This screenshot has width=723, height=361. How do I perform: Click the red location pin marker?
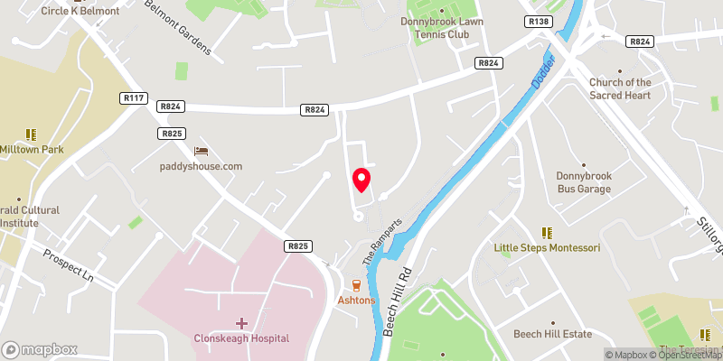pos(361,179)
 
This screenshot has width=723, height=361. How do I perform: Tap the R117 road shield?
pos(132,97)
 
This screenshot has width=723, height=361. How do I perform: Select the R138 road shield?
pos(540,21)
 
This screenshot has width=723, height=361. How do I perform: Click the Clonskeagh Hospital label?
pos(241,338)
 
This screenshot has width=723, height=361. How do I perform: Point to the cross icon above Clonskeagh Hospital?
pos(241,322)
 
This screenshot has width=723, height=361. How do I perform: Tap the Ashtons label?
pos(356,300)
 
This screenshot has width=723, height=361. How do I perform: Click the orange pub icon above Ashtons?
pos(356,283)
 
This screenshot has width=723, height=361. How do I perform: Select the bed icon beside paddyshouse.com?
pos(201,151)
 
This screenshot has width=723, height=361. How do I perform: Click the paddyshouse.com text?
pos(202,166)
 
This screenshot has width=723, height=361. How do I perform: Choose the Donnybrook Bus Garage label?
pos(583,182)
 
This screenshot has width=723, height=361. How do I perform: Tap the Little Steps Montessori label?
pos(547,247)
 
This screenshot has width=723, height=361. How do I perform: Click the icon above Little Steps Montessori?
pos(546,232)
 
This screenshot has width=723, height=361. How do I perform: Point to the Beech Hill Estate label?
pos(552,334)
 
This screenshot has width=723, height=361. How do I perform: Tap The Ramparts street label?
pos(380,237)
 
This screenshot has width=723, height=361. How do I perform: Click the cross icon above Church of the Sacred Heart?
pos(619,71)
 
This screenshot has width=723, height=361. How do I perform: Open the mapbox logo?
pos(40,349)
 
